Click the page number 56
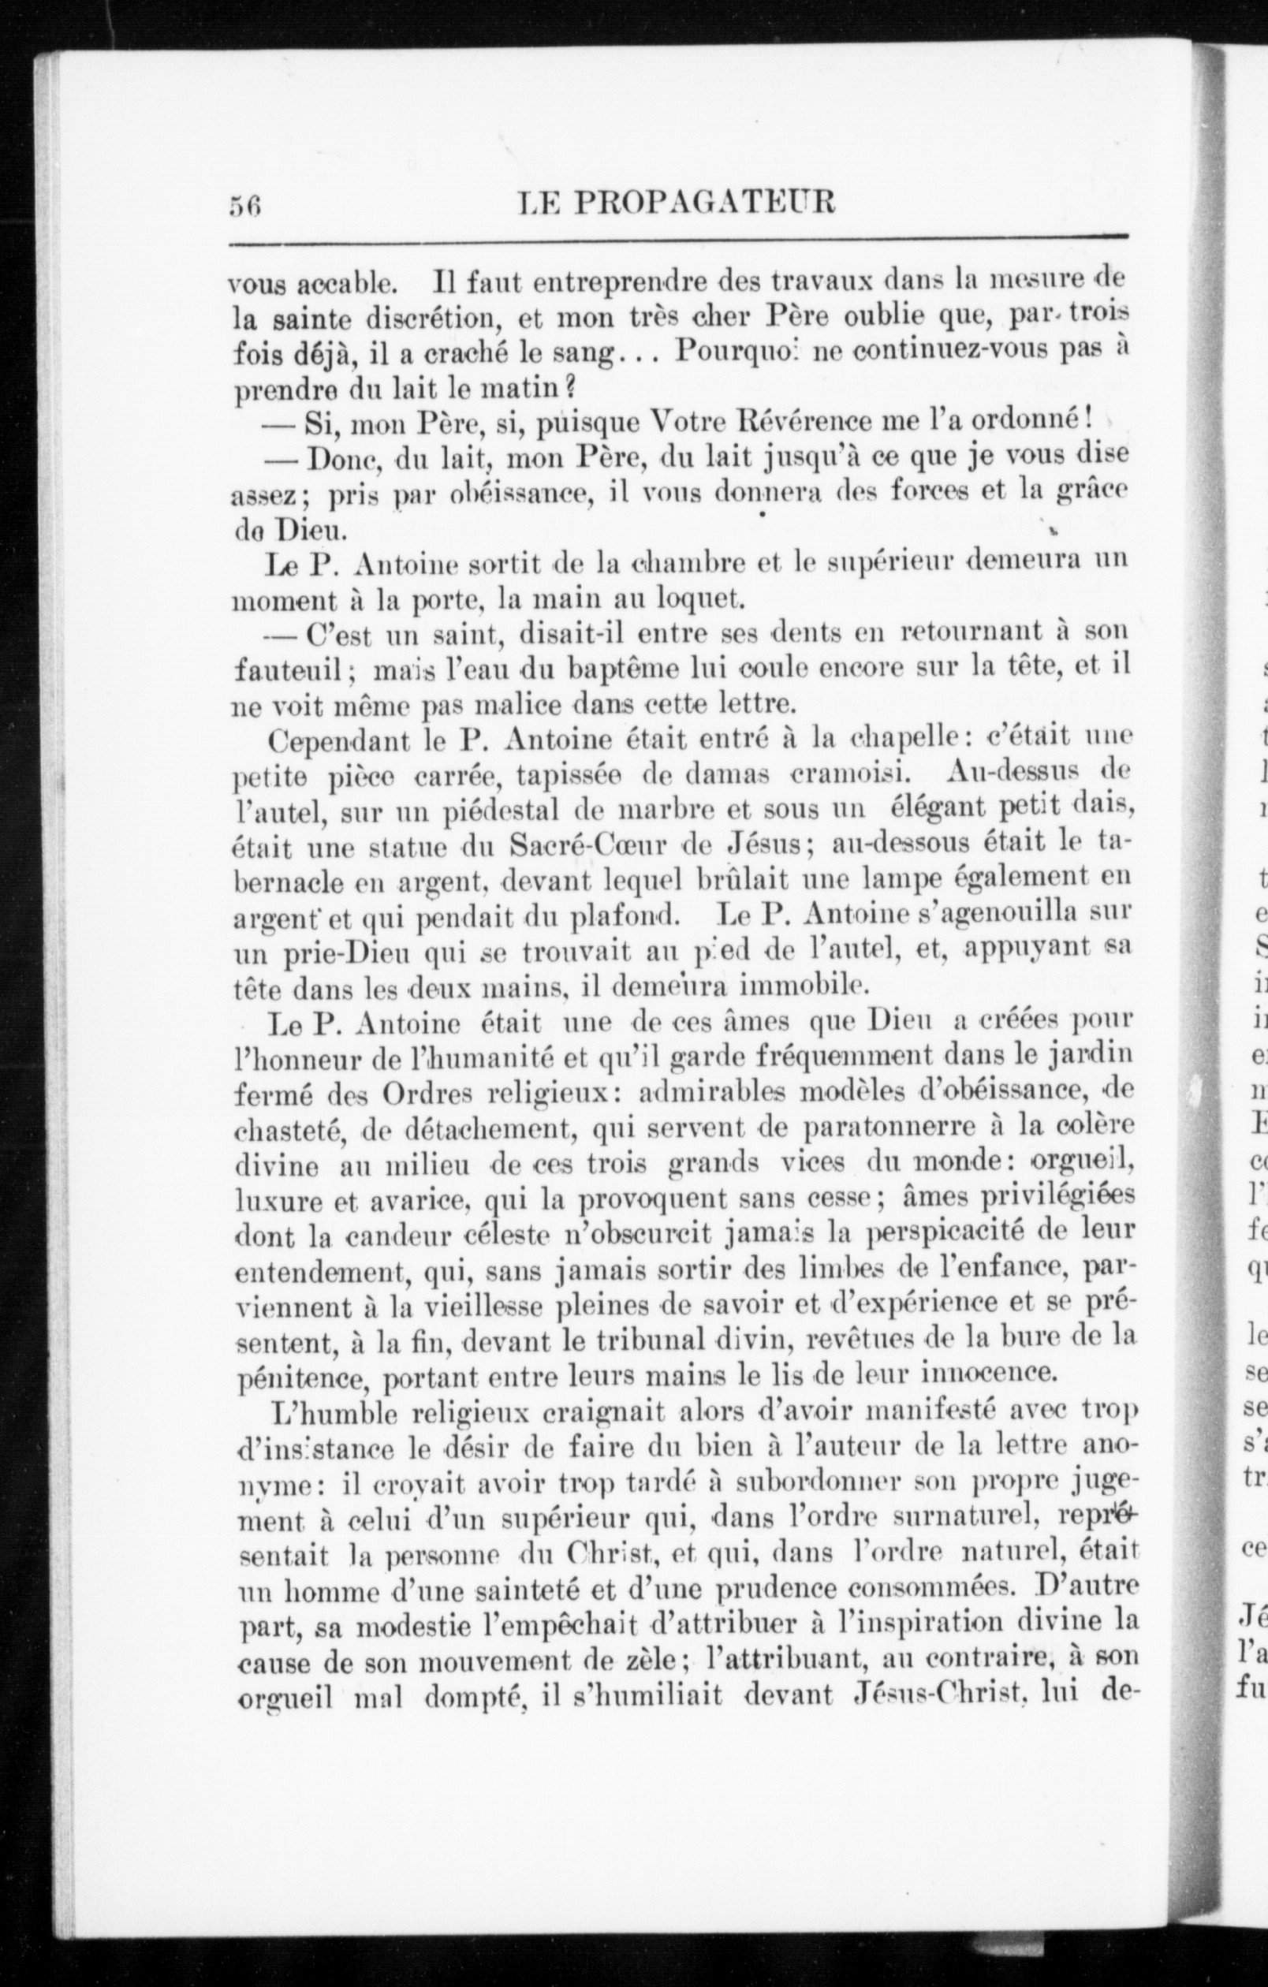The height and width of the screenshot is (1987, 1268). click(x=245, y=202)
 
